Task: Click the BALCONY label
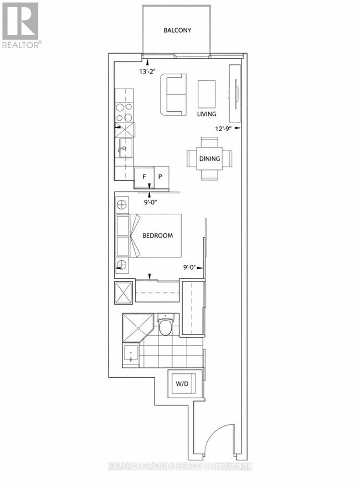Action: click(x=177, y=30)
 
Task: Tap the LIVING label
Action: click(x=207, y=114)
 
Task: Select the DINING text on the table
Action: click(x=209, y=159)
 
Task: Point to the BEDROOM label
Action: click(x=157, y=235)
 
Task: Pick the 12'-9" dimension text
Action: click(x=224, y=128)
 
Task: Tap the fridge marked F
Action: click(x=145, y=177)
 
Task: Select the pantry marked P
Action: click(x=162, y=177)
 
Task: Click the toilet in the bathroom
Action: click(x=165, y=325)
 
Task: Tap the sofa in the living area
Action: click(x=173, y=95)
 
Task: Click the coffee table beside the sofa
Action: click(x=207, y=94)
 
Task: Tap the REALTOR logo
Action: click(x=20, y=25)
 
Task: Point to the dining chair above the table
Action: click(x=209, y=142)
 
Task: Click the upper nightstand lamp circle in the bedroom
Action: click(x=121, y=205)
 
